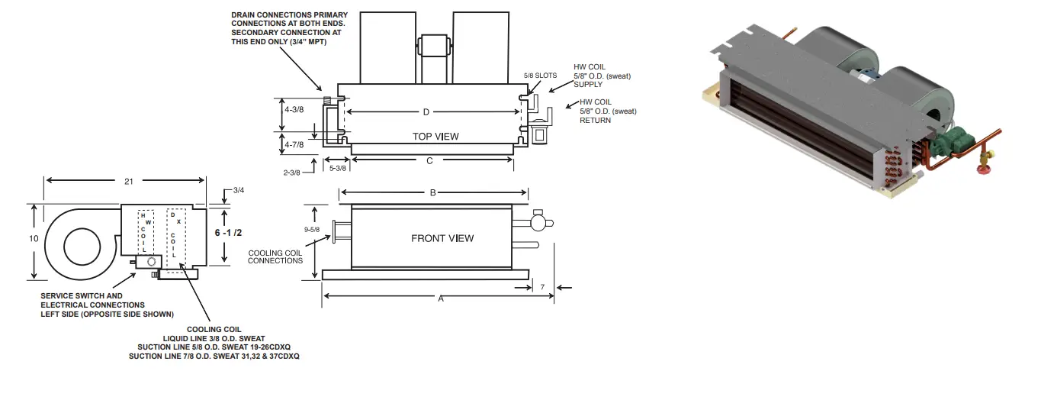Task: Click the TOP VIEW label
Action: coord(435,137)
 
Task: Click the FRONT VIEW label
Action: coord(442,238)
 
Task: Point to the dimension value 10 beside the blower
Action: coord(33,239)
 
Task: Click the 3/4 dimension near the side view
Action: coord(239,190)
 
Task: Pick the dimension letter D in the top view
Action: coord(426,112)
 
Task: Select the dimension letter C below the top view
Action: coord(429,160)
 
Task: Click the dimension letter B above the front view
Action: coord(432,193)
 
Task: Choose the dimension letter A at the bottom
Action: coord(440,299)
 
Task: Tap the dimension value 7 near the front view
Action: coord(541,287)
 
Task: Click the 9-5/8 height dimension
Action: coord(311,229)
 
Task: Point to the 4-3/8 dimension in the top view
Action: coord(294,110)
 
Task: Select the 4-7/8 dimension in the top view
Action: coord(294,144)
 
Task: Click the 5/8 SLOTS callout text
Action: coord(540,76)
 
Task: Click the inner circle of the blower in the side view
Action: coord(82,247)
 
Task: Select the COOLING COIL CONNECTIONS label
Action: coord(275,256)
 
